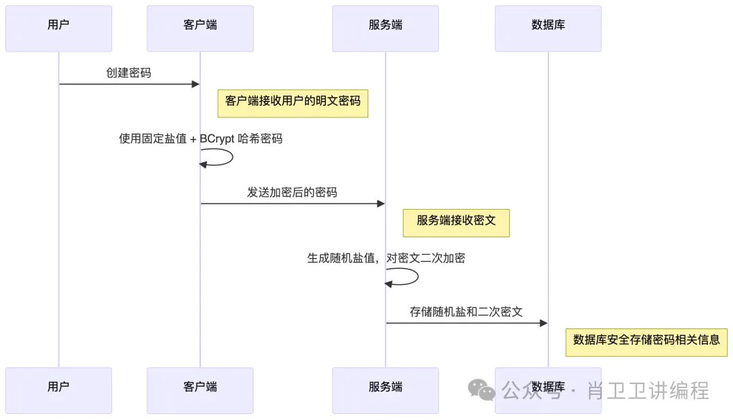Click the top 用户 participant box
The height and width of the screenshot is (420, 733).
point(58,28)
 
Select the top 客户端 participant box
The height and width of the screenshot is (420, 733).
point(200,28)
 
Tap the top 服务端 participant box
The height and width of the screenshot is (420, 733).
point(386,28)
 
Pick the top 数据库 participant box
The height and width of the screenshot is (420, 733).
point(548,28)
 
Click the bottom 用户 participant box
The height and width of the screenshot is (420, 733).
point(58,390)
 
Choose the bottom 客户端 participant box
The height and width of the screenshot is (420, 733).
point(200,390)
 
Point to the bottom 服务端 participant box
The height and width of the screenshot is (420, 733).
point(386,390)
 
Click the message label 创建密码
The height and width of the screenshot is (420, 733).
point(128,73)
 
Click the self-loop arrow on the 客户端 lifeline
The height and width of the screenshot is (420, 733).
point(224,157)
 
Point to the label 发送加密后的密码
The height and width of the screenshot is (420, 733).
point(292,193)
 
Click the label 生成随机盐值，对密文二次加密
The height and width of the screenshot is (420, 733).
point(386,259)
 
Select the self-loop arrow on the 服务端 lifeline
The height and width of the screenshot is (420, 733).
point(409,277)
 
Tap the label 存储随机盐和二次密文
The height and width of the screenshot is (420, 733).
point(466,312)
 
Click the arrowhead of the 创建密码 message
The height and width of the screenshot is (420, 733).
point(195,84)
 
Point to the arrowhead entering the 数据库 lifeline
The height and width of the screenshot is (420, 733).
point(543,323)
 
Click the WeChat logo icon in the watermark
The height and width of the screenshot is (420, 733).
point(482,390)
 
